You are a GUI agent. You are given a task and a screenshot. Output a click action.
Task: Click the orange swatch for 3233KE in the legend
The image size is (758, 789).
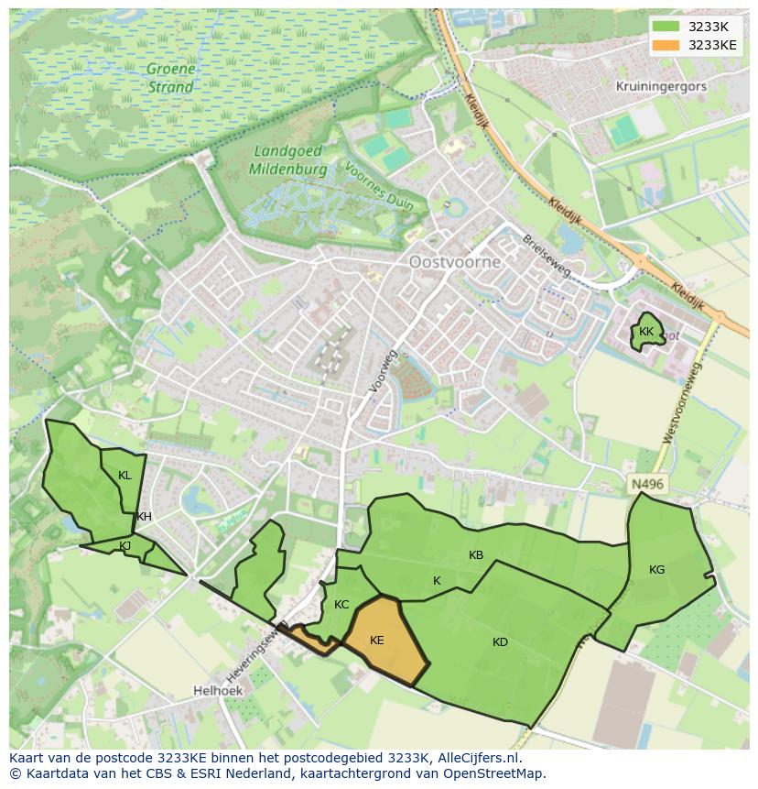[x=666, y=45]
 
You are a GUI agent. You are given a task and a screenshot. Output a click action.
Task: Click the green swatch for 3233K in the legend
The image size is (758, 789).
[x=666, y=27]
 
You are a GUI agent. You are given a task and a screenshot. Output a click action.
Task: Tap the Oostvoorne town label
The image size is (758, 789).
[x=455, y=262]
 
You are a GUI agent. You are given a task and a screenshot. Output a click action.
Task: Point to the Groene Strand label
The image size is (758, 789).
[x=170, y=79]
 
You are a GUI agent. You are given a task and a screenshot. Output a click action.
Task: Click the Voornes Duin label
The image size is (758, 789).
[x=379, y=187]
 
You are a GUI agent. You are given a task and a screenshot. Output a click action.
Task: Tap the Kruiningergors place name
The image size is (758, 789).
[x=662, y=86]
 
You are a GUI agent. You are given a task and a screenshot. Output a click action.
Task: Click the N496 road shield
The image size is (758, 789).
[x=647, y=484]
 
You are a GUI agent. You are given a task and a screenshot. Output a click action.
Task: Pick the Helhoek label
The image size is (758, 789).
[x=217, y=690]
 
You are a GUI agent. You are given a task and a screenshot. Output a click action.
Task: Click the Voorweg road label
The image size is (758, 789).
[x=384, y=371]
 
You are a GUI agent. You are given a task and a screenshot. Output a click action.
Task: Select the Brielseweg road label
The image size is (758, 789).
[x=547, y=256]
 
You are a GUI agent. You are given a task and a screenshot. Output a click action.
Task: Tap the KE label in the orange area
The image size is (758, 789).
[x=377, y=641]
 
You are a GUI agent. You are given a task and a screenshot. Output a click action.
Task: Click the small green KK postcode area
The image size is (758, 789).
[x=647, y=333]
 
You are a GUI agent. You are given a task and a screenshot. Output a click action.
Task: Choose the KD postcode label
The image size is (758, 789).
[x=500, y=642]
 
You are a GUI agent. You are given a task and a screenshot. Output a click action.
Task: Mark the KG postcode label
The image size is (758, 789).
[x=656, y=570]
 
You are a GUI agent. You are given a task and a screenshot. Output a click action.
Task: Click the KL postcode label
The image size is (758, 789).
[x=125, y=476]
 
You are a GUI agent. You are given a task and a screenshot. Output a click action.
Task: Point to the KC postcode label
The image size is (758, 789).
[x=341, y=605]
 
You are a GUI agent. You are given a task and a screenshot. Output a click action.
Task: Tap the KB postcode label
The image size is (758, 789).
[x=476, y=555]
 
